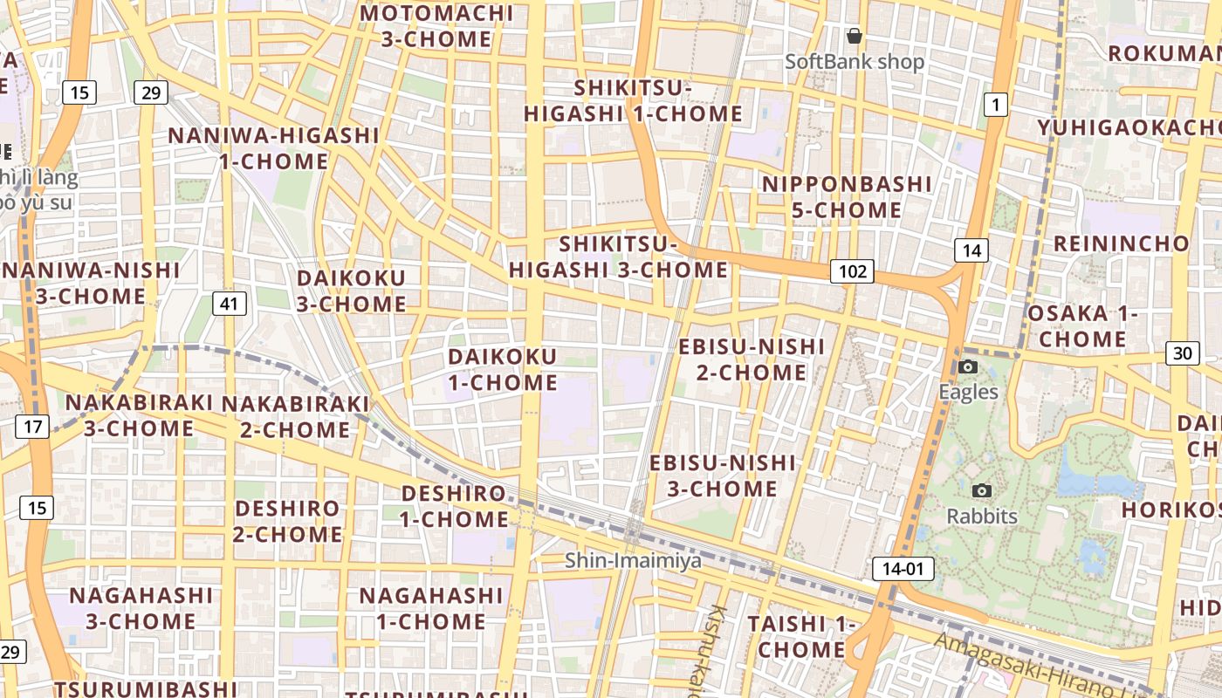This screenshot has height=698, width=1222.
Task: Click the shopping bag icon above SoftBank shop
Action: click(855, 36)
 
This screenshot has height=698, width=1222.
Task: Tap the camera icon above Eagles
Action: click(968, 367)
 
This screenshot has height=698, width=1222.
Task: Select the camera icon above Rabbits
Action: click(982, 491)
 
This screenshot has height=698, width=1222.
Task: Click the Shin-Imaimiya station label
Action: click(633, 560)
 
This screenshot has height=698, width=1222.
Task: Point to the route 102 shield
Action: click(852, 271)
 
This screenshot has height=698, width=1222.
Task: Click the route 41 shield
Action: click(229, 304)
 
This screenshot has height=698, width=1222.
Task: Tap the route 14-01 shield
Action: click(903, 569)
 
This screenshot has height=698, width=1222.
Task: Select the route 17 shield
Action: click(32, 427)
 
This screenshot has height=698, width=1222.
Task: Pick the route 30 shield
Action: click(1182, 353)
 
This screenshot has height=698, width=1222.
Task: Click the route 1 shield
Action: click(994, 106)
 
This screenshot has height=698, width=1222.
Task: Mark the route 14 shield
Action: click(971, 250)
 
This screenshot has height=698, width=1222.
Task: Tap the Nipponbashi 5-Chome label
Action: click(847, 197)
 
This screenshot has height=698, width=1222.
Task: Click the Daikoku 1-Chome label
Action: click(502, 369)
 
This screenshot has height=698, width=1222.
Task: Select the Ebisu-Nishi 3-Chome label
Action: click(723, 475)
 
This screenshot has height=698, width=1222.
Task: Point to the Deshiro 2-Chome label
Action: click(288, 521)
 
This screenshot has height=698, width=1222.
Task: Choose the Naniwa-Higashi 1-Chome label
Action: click(274, 148)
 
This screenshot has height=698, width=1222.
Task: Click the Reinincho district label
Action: click(1121, 243)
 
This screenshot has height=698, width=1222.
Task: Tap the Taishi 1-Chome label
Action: click(801, 636)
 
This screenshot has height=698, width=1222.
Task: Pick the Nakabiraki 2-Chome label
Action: click(295, 416)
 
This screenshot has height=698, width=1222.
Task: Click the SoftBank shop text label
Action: click(854, 62)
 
